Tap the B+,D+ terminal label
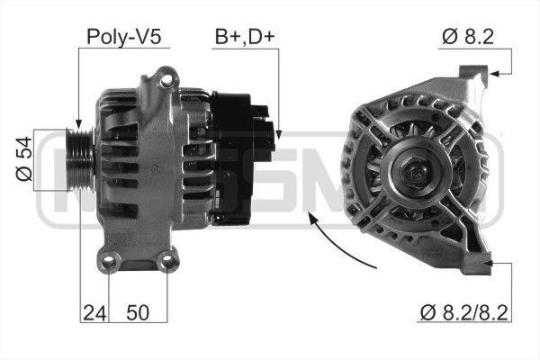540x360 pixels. coord(245,38)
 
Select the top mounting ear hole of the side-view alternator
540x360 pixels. coord(165,82)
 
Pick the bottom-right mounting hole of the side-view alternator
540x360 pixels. coord(166,263)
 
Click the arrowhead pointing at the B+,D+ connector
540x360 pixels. coord(276,135)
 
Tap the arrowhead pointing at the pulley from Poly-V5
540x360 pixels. coord(80,125)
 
